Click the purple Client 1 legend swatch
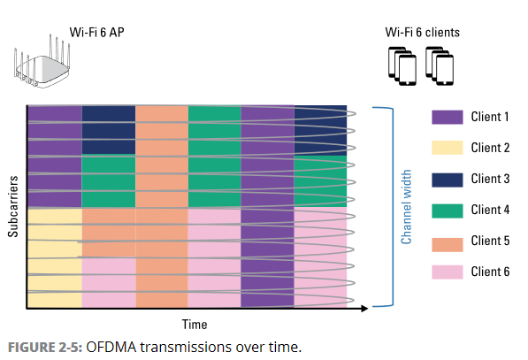pos(448,117)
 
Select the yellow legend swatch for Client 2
pos(448,148)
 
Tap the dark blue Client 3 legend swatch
pos(448,180)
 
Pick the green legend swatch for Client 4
pos(448,211)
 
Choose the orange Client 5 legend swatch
pos(448,244)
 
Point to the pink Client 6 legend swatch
pos(448,272)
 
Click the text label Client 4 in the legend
pos(490,210)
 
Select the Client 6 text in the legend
pos(490,272)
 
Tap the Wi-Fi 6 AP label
pos(97,33)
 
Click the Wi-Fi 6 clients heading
pos(423,33)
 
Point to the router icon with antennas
pos(42,62)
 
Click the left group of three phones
pos(402,66)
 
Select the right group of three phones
pos(440,66)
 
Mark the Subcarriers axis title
pos(12,206)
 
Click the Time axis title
pos(195,325)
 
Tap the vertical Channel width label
pos(407,207)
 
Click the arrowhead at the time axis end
pos(364,308)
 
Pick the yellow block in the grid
pos(55,258)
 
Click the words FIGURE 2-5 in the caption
pos(45,348)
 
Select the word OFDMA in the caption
pos(111,348)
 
